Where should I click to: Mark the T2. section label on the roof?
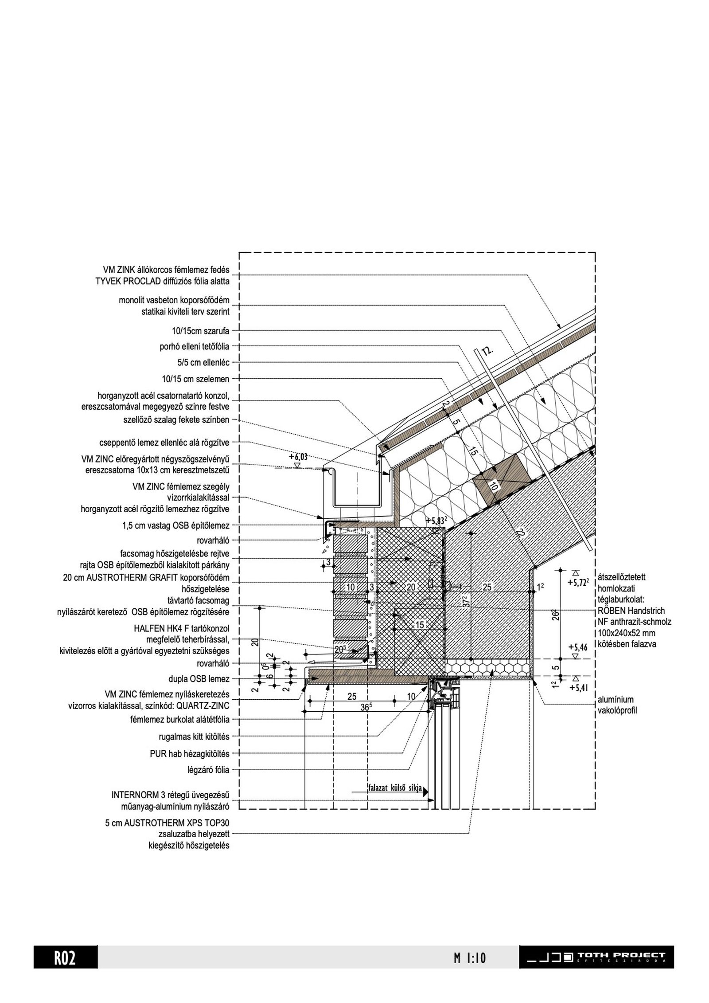tap(487, 351)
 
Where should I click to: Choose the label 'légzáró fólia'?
tap(208, 770)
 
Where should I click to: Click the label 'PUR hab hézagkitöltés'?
tap(189, 753)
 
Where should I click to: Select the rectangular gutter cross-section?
tap(357, 488)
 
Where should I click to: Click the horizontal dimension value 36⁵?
tap(365, 708)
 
